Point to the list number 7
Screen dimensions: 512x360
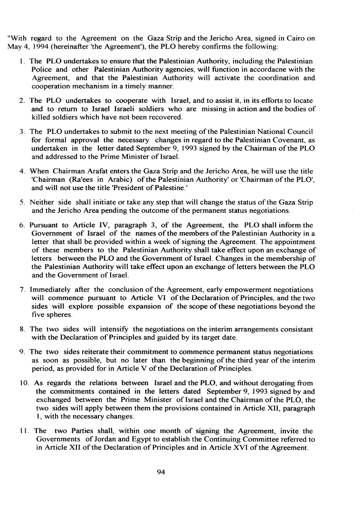coord(22,289)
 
